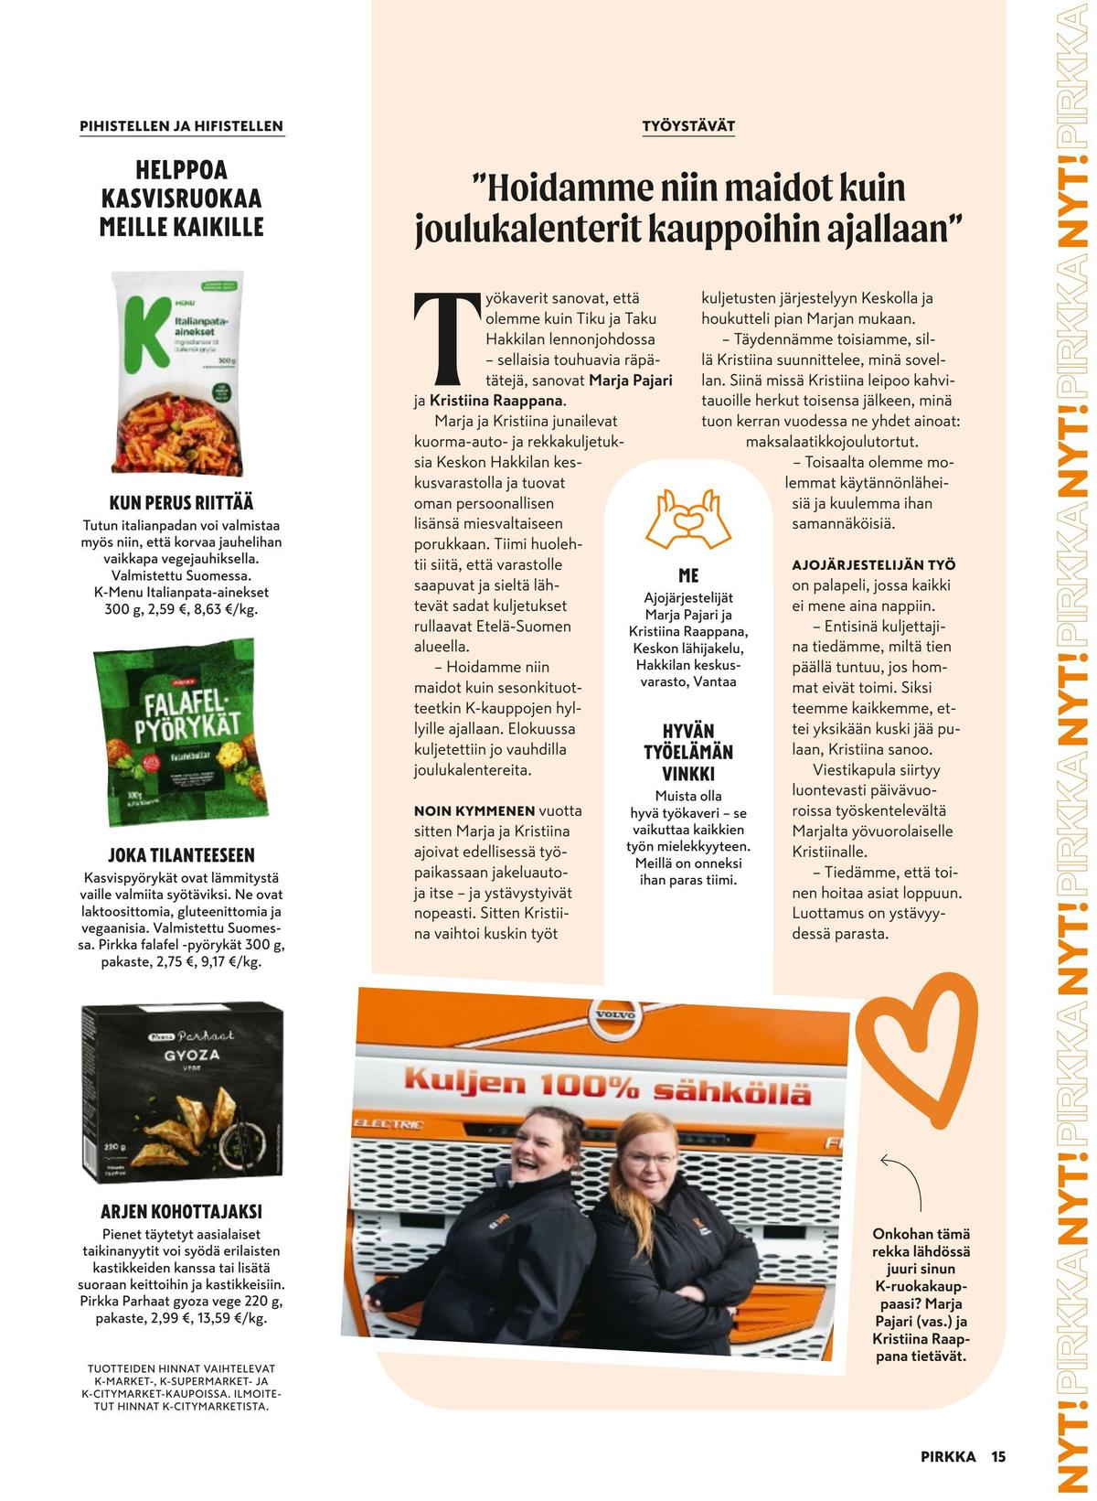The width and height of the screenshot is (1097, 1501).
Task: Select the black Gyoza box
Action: point(182,1092)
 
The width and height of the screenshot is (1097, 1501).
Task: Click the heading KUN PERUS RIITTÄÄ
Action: point(182,503)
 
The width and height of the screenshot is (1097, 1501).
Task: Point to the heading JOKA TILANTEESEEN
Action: point(182,856)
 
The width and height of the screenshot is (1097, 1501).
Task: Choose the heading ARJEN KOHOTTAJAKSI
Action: point(182,1212)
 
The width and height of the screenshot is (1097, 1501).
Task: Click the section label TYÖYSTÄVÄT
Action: point(688,125)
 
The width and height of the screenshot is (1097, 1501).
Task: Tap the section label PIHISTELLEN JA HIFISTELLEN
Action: point(182,126)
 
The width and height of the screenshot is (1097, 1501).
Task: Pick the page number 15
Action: point(997,1456)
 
